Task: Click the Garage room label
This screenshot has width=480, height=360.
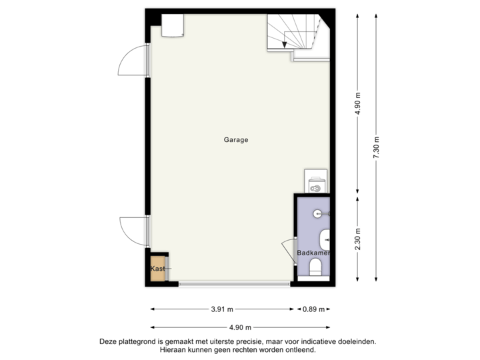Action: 236,140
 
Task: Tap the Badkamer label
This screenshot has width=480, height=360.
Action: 313,253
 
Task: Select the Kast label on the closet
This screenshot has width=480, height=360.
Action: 157,269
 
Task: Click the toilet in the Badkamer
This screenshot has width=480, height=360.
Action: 315,268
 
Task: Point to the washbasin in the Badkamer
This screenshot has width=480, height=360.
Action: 325,238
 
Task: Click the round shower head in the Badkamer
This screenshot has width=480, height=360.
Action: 319,213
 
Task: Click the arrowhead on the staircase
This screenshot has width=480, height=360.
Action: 285,44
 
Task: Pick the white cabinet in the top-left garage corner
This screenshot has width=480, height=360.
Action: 174,25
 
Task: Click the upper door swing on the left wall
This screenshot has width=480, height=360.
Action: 132,61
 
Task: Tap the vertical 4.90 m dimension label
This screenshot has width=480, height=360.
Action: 358,103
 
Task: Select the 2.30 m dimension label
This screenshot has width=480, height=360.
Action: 358,239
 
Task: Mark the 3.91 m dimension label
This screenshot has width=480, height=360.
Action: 223,309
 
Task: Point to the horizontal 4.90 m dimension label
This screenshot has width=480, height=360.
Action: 240,327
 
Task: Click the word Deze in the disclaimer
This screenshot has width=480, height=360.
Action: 109,341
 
